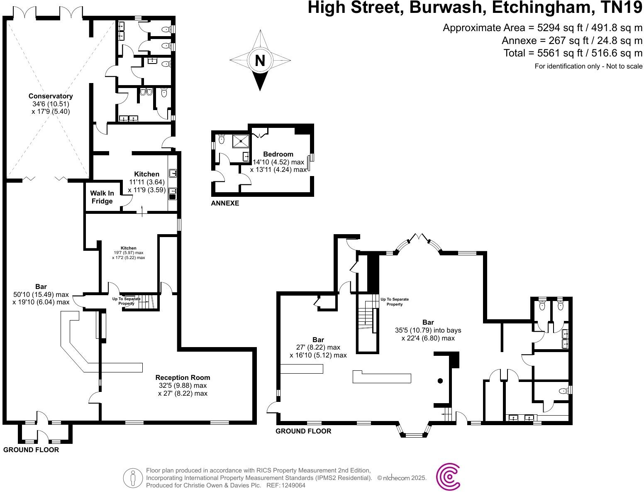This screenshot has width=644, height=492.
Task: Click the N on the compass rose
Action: pyautogui.click(x=260, y=61)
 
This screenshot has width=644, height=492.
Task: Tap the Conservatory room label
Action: pyautogui.click(x=51, y=96)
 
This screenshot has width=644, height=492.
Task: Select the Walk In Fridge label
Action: pyautogui.click(x=102, y=197)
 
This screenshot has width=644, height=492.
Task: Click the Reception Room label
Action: pyautogui.click(x=183, y=377)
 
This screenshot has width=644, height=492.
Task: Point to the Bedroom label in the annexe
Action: pyautogui.click(x=278, y=154)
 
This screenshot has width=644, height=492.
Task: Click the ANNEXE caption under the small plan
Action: pyautogui.click(x=225, y=203)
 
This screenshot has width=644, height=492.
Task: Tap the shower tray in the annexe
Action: pyautogui.click(x=241, y=141)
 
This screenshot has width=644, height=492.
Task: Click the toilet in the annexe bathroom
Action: pyautogui.click(x=221, y=139)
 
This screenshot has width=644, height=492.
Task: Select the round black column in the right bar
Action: pyautogui.click(x=440, y=381)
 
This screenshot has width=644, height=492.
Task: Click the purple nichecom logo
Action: pyautogui.click(x=449, y=477)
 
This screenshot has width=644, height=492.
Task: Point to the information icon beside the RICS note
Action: pyautogui.click(x=133, y=478)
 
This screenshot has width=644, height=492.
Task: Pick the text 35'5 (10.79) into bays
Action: pyautogui.click(x=428, y=330)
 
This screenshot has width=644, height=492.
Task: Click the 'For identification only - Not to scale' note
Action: pyautogui.click(x=588, y=66)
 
